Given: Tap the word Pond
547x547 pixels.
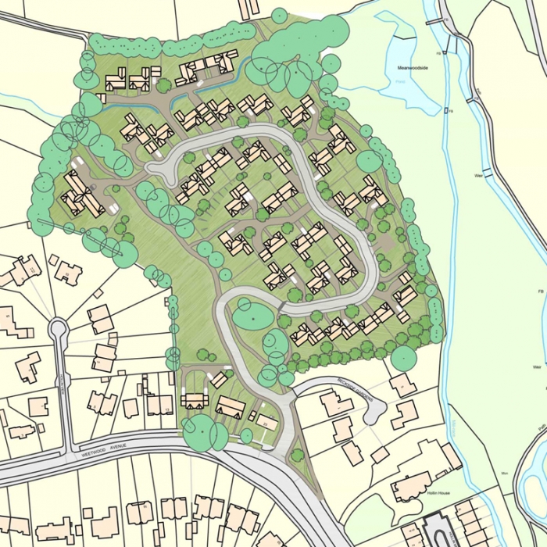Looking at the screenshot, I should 401,80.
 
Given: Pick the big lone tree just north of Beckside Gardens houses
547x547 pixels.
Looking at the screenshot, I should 403,358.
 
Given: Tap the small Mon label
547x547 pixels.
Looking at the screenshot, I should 504,474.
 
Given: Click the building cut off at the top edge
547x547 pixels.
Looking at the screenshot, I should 249,8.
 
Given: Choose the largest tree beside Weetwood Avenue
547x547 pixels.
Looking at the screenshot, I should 201,431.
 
